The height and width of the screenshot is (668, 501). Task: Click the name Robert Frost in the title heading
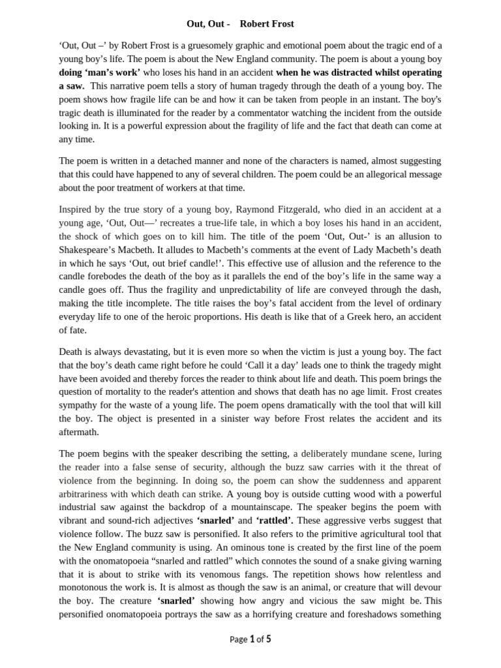point(267,23)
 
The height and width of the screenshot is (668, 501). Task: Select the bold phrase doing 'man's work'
point(99,72)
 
